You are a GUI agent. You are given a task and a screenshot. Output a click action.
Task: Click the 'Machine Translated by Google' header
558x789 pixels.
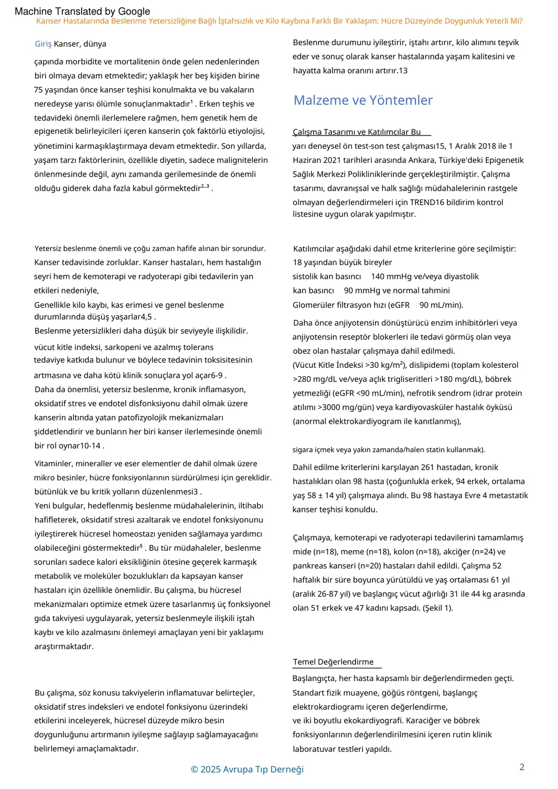82,11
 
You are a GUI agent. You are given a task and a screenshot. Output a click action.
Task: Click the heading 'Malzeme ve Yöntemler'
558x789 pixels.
363,100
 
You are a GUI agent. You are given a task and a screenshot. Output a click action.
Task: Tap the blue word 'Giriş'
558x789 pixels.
43,44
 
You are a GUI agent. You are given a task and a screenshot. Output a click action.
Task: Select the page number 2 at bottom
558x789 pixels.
522,767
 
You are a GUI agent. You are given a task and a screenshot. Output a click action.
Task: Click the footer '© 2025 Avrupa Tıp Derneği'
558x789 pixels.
247,769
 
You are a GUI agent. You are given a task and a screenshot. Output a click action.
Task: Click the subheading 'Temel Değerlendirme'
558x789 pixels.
333,662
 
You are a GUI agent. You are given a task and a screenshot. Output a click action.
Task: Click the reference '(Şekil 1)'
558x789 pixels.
438,608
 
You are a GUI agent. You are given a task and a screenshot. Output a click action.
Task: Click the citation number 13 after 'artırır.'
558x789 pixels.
402,70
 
